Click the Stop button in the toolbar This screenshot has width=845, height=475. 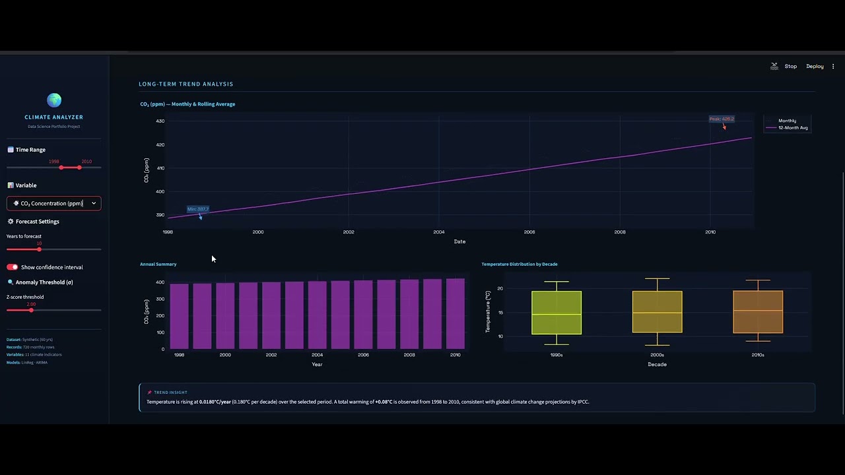point(790,66)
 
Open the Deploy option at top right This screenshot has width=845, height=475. point(815,66)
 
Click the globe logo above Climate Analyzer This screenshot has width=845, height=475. point(54,100)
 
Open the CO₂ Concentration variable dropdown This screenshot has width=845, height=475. point(54,203)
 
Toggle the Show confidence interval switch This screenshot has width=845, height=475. point(13,267)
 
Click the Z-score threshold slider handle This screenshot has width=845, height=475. point(31,309)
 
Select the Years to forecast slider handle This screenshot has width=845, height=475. point(40,249)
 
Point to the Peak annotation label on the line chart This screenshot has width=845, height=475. point(722,119)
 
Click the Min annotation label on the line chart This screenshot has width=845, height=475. point(198,209)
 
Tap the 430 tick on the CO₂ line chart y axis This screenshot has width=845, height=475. point(160,121)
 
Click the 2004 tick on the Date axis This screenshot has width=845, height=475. point(439,232)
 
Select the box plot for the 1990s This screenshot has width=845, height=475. point(557,313)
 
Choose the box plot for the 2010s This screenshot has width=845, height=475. point(758,311)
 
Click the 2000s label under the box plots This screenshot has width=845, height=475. point(657,355)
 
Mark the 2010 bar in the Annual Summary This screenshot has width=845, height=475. point(456,313)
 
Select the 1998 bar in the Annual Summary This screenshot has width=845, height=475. point(180,316)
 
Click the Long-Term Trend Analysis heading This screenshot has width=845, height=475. point(186,84)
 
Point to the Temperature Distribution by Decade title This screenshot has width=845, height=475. point(520,264)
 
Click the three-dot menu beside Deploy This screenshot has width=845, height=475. point(833,66)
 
